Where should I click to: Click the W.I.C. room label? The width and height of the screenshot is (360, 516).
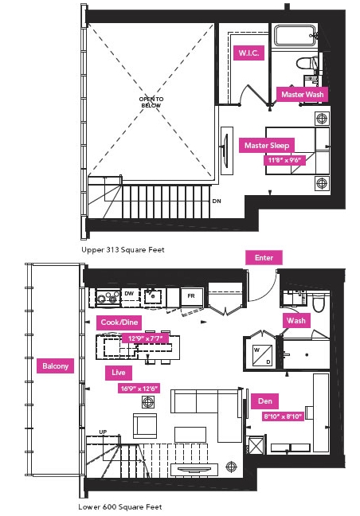[248, 53]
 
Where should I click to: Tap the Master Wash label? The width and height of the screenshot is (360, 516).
[302, 95]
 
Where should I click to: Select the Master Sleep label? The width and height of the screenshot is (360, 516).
[267, 146]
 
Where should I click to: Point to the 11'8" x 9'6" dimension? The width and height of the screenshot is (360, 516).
[284, 160]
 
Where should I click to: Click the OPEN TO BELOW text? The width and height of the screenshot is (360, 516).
[151, 102]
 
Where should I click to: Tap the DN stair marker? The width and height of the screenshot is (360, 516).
[217, 201]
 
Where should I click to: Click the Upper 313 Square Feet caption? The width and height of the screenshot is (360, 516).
[123, 250]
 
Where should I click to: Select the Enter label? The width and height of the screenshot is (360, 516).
[264, 258]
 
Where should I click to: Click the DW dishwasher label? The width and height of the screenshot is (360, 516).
[129, 293]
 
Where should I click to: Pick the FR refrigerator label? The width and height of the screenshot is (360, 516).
[191, 296]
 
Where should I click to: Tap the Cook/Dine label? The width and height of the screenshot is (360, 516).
[119, 322]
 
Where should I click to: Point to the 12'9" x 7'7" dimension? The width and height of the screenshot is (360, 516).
[145, 338]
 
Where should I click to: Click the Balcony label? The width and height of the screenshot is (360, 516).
[55, 366]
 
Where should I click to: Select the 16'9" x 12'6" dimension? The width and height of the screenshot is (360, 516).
[139, 389]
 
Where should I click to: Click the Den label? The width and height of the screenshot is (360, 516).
[265, 401]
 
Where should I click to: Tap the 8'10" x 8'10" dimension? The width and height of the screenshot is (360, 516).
[283, 416]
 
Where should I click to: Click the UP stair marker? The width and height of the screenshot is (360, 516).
[103, 432]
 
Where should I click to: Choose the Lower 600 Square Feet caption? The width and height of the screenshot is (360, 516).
[120, 507]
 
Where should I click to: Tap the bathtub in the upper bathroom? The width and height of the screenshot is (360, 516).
[295, 36]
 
